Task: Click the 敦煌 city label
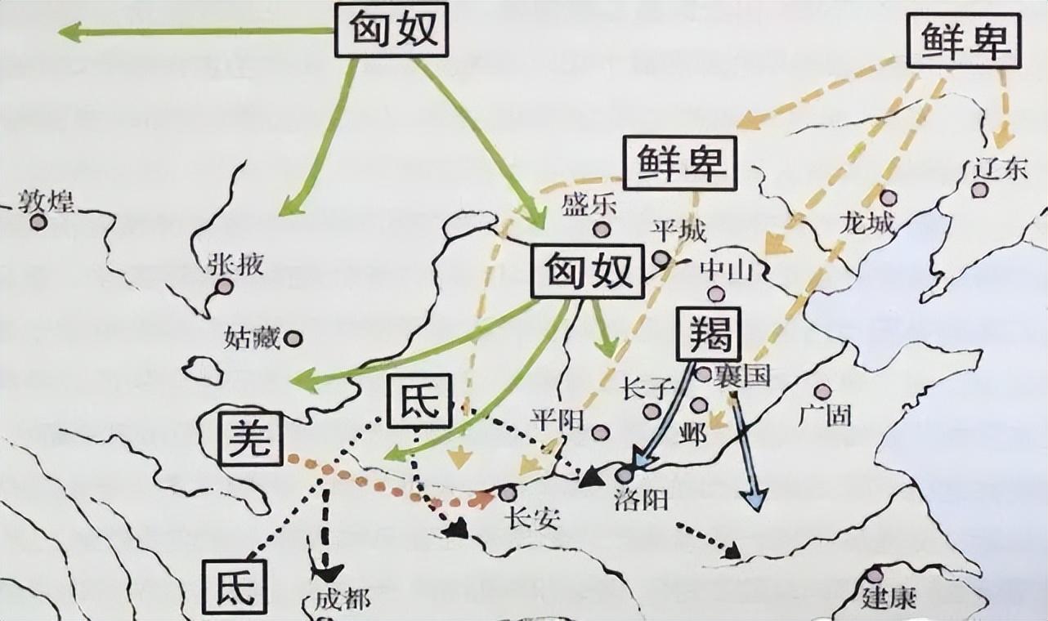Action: click(x=47, y=200)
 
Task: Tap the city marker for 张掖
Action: click(x=222, y=286)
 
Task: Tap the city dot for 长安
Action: click(x=508, y=494)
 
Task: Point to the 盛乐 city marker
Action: click(x=602, y=230)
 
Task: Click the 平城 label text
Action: click(x=678, y=232)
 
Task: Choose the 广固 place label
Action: click(x=824, y=415)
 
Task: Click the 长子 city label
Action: click(x=646, y=387)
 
